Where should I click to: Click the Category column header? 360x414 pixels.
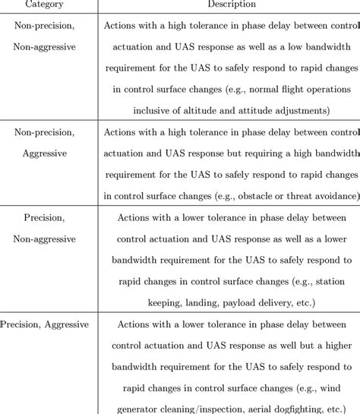(x=44, y=5)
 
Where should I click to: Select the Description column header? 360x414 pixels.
(x=229, y=5)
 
